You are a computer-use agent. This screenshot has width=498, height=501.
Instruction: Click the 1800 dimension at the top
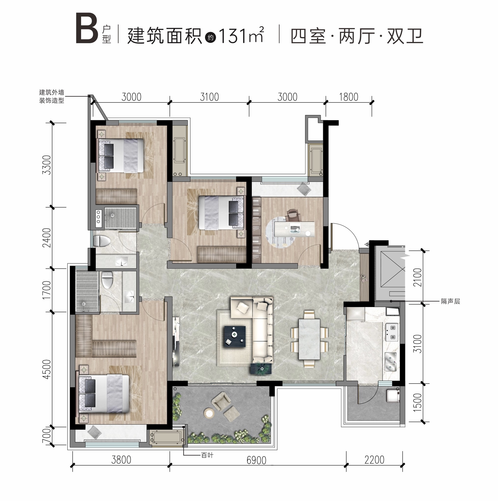click(x=349, y=97)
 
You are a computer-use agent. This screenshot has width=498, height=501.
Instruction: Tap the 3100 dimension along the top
click(x=209, y=97)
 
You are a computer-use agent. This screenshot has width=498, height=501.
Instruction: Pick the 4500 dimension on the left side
click(x=47, y=369)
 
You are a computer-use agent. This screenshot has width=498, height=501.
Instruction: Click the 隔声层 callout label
click(x=451, y=301)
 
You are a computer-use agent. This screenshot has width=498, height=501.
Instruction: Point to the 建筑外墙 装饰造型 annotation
click(x=52, y=96)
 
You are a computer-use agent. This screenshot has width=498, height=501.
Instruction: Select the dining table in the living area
click(x=309, y=339)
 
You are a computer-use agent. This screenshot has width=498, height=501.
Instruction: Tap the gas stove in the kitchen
click(x=392, y=332)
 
